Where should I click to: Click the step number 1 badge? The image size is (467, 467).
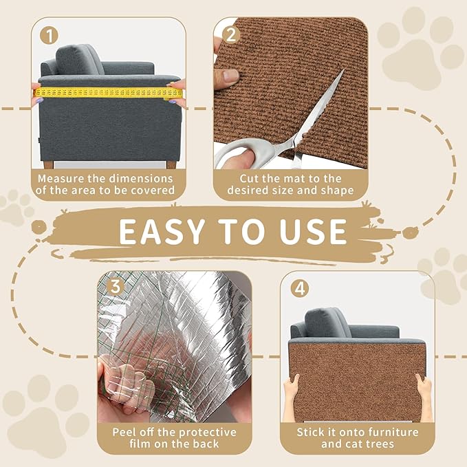click(46, 34)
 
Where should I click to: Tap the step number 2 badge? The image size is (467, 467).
click(229, 34)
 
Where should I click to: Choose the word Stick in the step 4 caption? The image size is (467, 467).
click(313, 433)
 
